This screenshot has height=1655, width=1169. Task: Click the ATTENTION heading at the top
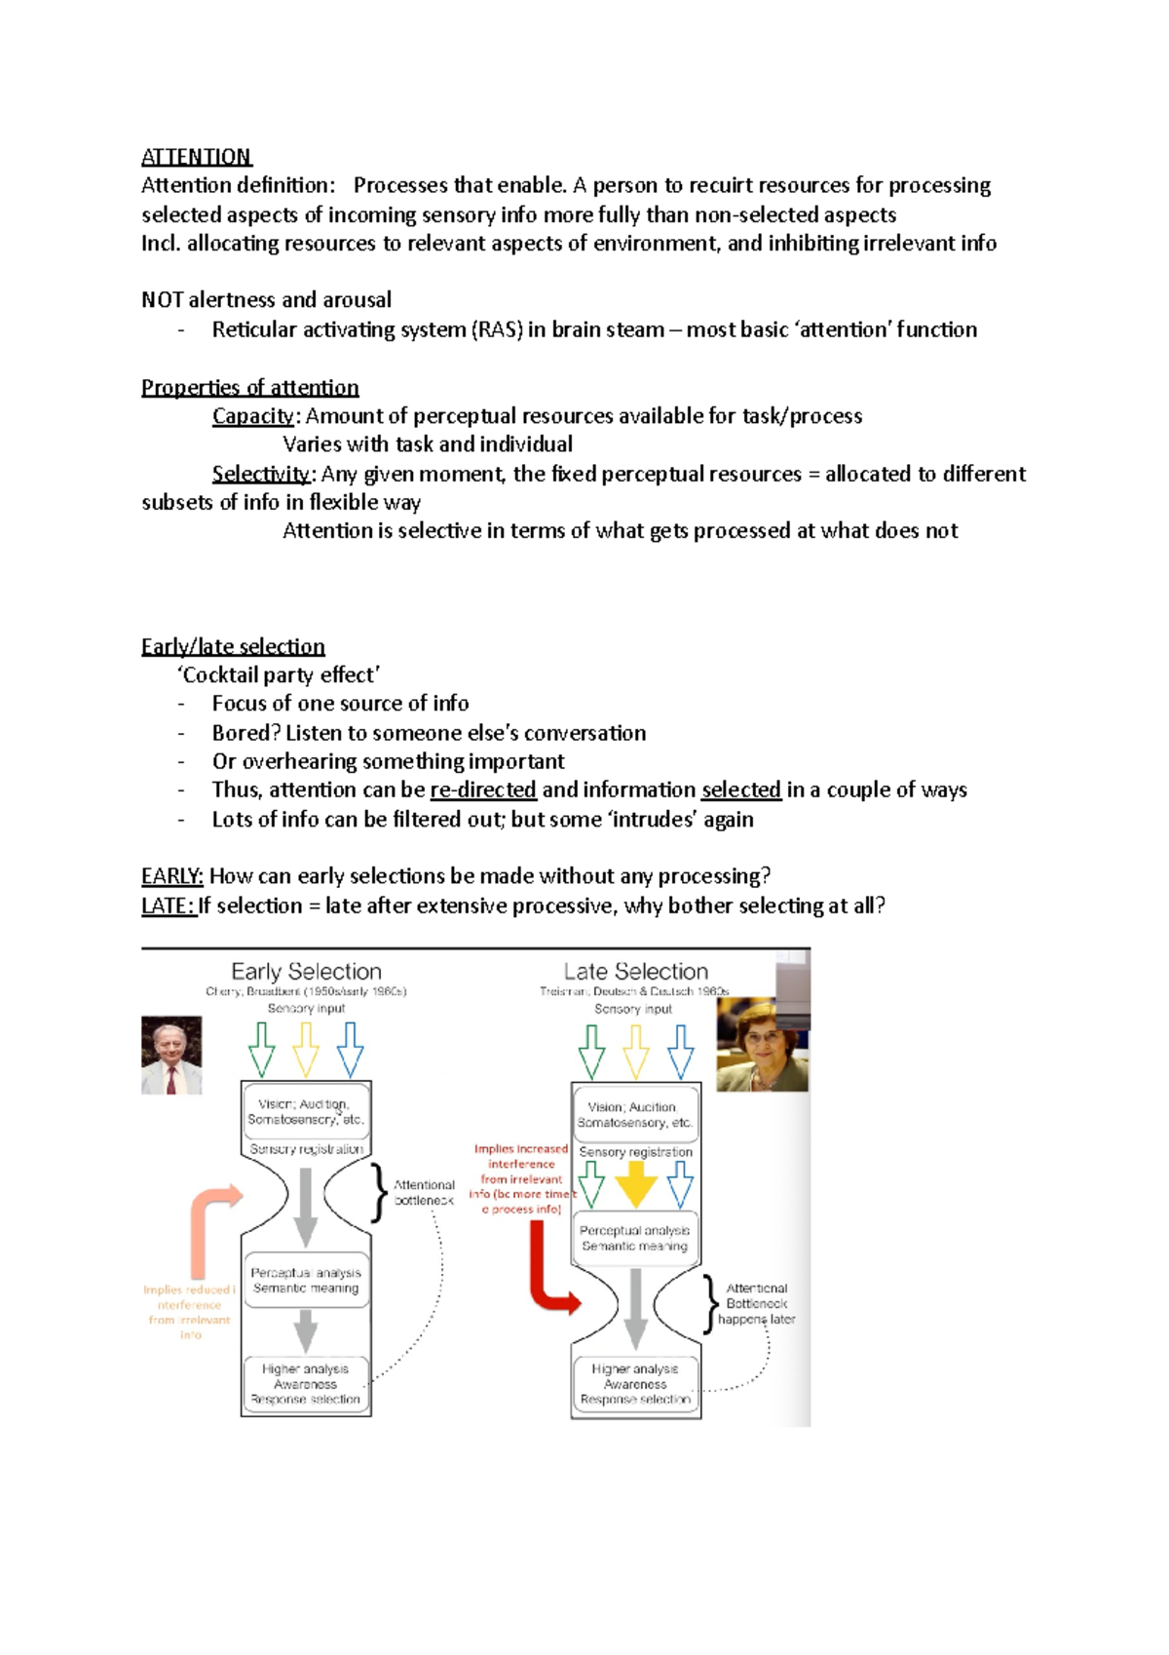(196, 157)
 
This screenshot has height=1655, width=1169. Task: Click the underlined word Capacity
(252, 416)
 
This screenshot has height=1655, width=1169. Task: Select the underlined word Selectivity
(260, 474)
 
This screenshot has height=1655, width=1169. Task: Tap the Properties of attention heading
(249, 387)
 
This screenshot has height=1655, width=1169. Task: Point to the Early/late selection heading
(233, 646)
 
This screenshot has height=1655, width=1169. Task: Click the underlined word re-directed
(483, 789)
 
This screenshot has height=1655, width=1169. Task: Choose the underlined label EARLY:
(171, 876)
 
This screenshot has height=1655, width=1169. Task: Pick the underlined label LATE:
(169, 905)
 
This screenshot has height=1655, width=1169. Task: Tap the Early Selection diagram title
(306, 972)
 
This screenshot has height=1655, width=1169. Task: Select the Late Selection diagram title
(635, 972)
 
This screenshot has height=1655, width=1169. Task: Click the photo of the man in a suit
(171, 1055)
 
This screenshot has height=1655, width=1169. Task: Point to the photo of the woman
(762, 1045)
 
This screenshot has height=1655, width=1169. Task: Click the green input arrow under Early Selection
(261, 1048)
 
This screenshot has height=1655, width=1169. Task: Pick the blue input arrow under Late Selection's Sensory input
(681, 1050)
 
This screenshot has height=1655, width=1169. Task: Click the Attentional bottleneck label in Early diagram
(424, 1192)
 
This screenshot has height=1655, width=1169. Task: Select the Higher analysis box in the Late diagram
(635, 1384)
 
